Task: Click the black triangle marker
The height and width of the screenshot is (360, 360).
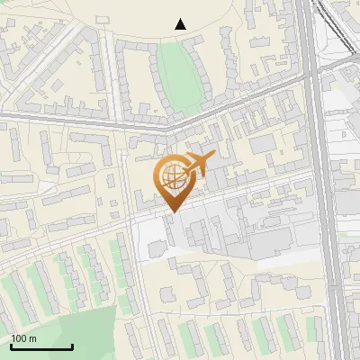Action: click(181, 24)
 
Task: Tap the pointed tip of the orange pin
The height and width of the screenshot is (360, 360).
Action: click(172, 212)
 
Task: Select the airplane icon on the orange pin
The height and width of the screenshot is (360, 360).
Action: click(198, 165)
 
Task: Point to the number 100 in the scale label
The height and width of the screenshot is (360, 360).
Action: click(19, 338)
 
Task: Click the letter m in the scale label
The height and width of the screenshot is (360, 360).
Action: click(33, 338)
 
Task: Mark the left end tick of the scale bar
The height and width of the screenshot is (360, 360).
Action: click(11, 346)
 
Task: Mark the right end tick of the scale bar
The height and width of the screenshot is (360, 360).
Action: click(72, 346)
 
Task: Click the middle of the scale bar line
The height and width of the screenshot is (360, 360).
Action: click(41, 347)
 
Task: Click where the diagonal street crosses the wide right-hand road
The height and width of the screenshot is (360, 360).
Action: click(310, 79)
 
